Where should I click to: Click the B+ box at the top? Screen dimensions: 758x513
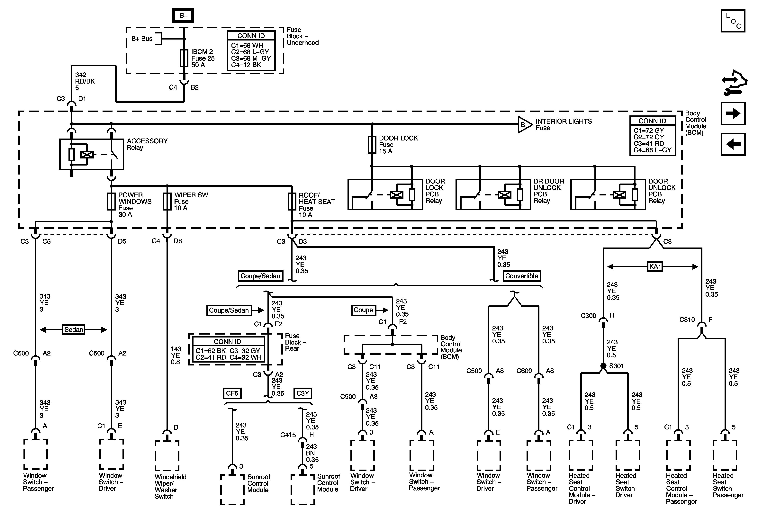[x=183, y=15]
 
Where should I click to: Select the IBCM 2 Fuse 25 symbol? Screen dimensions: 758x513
[x=184, y=58]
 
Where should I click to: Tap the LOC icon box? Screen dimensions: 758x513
[x=733, y=21]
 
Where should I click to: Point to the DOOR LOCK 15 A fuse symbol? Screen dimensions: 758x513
[x=372, y=144]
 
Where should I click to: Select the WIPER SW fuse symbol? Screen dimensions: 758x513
[x=167, y=201]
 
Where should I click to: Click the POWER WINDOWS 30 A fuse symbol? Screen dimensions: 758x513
[x=111, y=201]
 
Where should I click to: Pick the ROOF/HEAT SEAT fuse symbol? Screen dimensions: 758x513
[x=292, y=201]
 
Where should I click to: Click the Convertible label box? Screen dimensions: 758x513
[x=521, y=276]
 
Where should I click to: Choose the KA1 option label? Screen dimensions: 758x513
[x=655, y=266]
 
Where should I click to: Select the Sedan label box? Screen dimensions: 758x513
[x=74, y=329]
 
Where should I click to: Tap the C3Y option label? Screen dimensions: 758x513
[x=303, y=393]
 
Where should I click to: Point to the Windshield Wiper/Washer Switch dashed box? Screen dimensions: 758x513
[x=167, y=456]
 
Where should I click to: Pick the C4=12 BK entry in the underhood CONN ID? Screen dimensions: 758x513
[x=246, y=65]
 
